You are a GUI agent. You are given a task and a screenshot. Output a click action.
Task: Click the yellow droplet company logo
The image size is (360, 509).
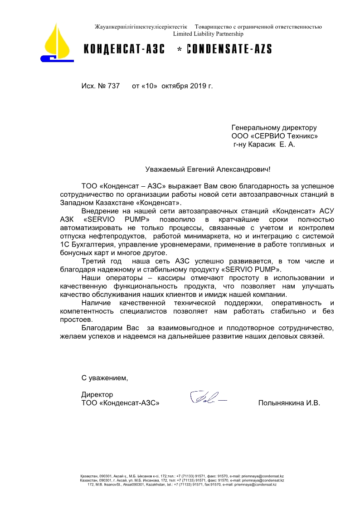coord(58,43)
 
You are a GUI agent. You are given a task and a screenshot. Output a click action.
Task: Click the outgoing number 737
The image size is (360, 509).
coord(113,85)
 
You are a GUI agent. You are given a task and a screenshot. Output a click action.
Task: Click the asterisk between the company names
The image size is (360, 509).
coord(179,50)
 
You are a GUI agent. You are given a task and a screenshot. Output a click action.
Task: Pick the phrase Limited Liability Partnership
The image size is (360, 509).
coord(208,34)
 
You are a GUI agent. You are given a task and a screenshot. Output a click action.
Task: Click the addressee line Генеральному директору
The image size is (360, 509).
coord(274,128)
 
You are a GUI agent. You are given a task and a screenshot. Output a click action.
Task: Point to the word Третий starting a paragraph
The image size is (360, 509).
coord(93,261)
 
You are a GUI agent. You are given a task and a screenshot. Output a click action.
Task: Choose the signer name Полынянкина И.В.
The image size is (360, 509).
coord(289,403)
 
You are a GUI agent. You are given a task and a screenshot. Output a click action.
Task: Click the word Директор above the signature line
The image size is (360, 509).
coord(97,394)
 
